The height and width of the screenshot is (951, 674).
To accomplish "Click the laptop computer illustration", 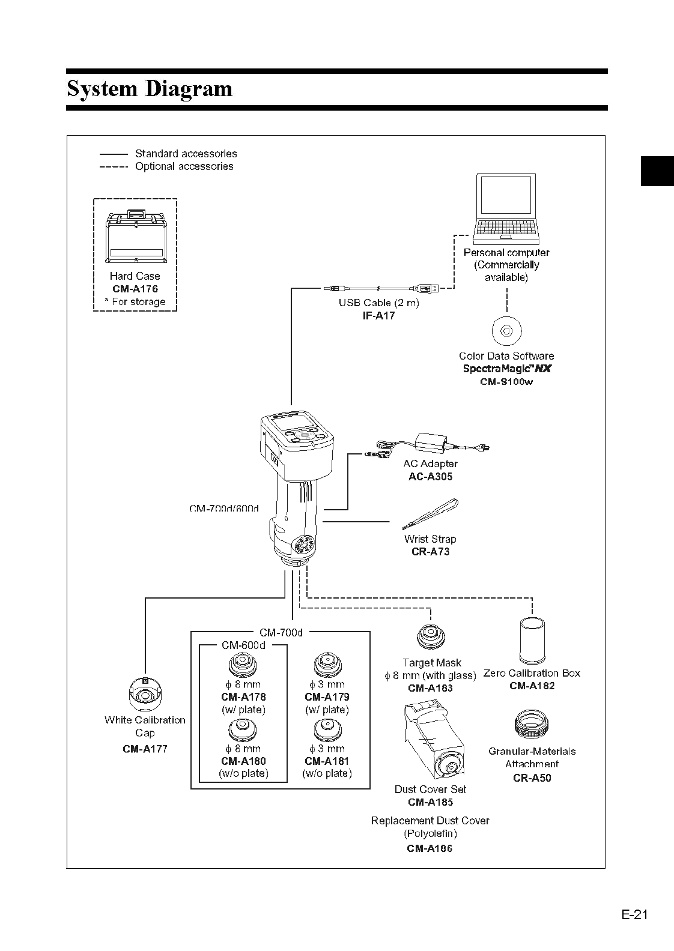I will tap(505, 208).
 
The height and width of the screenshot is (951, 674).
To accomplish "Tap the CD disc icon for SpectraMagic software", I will tap(506, 330).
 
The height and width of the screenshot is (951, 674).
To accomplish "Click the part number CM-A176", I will tap(135, 289).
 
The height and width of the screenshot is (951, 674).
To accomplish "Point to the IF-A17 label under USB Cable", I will tap(378, 316).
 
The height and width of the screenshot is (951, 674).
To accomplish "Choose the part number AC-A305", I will tap(430, 477).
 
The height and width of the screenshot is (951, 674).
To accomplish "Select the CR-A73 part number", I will tap(430, 552).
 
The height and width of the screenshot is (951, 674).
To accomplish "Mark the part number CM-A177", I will tap(145, 749).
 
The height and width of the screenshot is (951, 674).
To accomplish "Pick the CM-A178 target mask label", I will tap(243, 697).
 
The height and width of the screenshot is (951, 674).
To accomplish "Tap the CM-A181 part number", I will tap(327, 761).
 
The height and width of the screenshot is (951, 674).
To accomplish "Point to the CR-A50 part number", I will tap(532, 777).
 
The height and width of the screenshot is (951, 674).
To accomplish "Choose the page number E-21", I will tap(634, 915).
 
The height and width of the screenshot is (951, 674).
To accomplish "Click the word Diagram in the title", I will tap(189, 89).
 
